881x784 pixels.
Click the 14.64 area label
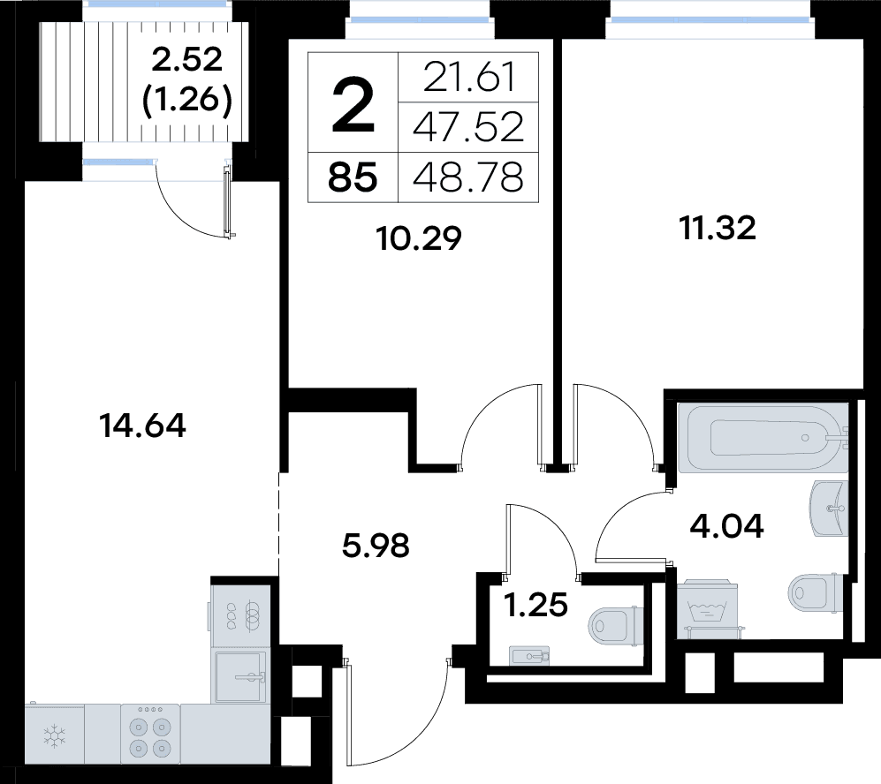point(142,425)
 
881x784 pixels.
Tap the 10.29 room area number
point(420,238)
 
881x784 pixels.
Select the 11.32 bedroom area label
point(718,228)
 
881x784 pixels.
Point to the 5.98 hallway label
point(376,546)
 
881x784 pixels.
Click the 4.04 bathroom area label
point(726,526)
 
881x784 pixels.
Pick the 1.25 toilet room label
point(536,605)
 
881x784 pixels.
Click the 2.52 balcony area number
point(187,59)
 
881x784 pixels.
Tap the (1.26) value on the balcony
point(187,101)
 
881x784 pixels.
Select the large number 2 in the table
point(353,105)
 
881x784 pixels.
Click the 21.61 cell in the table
point(468,78)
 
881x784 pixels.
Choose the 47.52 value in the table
point(468,127)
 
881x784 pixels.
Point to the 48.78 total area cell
point(468,177)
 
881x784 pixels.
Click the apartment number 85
point(353,177)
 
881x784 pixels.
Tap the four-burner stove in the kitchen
point(150,733)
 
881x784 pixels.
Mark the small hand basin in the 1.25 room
point(529,655)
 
